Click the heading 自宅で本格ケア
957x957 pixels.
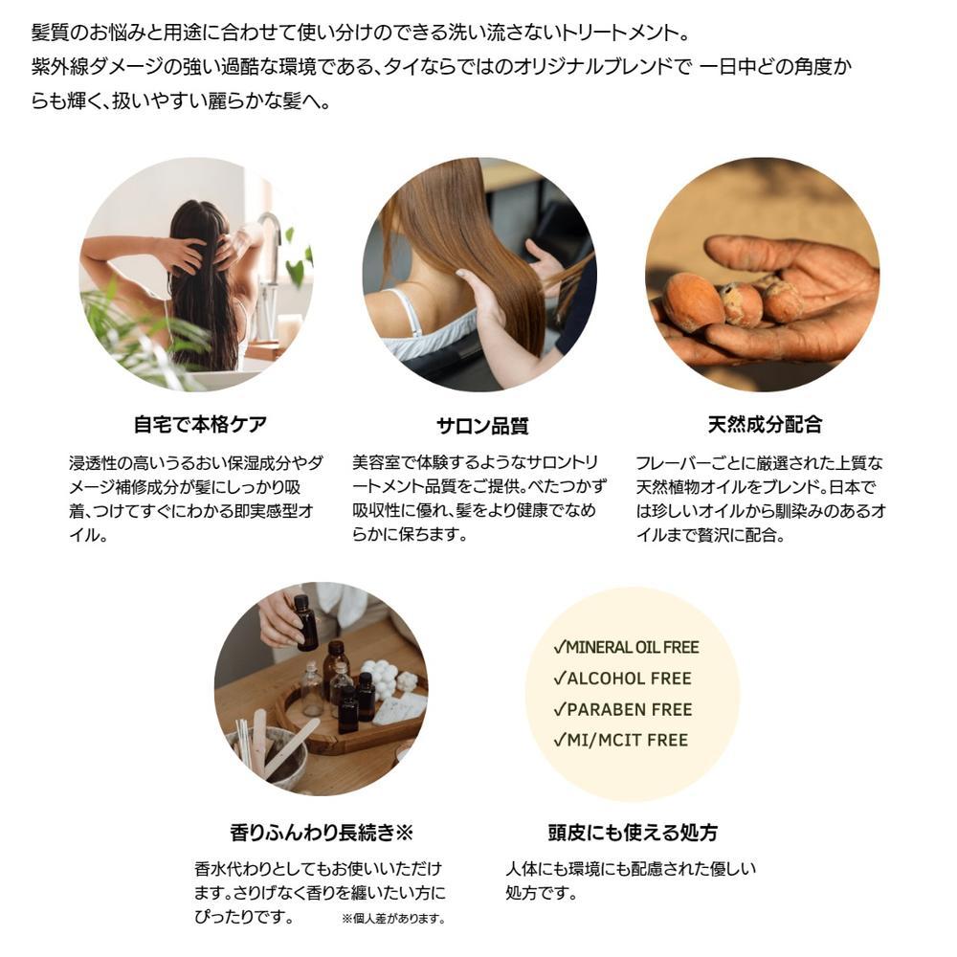pos(200,424)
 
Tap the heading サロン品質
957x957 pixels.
pos(482,426)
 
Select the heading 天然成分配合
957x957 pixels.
pos(765,424)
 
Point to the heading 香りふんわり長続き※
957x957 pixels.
pos(322,832)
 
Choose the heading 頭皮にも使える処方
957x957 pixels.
pos(633,832)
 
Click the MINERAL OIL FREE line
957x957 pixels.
pos(626,647)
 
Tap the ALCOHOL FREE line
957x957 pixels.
pos(622,679)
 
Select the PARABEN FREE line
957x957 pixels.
pos(623,709)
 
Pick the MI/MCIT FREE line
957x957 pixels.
pos(620,741)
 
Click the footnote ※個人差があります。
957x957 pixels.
pos(393,919)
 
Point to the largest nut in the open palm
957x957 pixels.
pos(694,302)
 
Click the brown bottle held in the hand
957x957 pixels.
pos(305,623)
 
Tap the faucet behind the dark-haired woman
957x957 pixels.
pos(269,256)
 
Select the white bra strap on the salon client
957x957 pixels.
pos(405,313)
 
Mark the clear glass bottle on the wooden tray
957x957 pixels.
pos(312,690)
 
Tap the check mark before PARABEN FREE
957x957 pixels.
pos(560,709)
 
